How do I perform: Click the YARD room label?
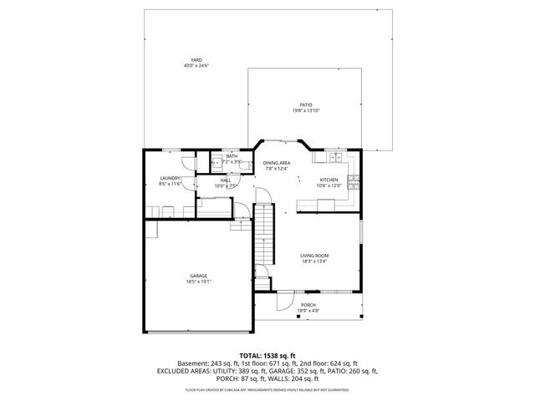[196, 60]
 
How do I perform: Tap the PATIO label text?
[307, 104]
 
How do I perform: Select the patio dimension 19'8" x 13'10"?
[307, 110]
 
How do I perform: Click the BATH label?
[231, 156]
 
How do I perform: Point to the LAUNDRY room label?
[171, 178]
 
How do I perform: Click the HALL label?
[226, 180]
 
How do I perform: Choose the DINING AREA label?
[277, 163]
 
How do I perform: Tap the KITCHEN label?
[329, 180]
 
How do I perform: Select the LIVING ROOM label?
[314, 256]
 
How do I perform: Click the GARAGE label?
[198, 276]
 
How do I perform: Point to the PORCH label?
[308, 305]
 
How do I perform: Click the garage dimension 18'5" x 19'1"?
[198, 282]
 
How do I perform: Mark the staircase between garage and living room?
[264, 234]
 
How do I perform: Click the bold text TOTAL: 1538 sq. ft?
[267, 355]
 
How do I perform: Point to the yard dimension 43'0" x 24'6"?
[196, 66]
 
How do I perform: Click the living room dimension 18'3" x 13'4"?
[314, 261]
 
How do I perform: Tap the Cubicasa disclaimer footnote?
[267, 390]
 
